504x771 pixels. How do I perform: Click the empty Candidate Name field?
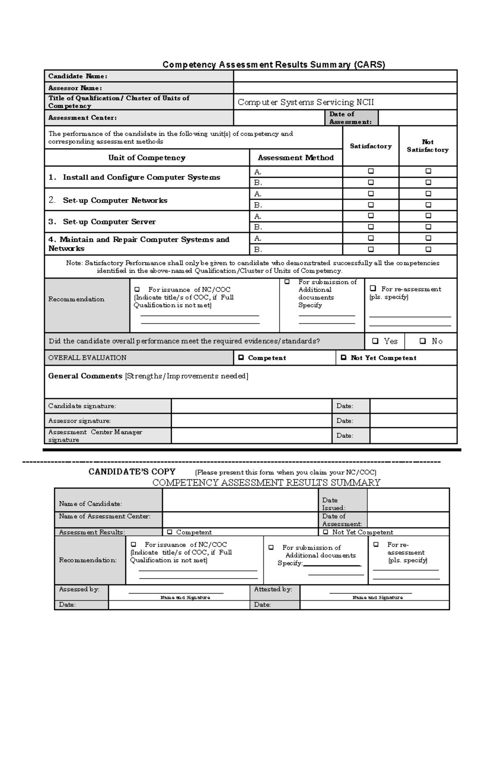345,76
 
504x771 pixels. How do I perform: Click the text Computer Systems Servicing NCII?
306,102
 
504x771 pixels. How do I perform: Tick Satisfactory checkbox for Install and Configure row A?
371,171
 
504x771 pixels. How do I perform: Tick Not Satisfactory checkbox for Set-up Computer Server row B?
428,227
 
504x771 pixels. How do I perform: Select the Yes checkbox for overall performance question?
375,341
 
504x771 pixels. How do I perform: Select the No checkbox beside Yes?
423,341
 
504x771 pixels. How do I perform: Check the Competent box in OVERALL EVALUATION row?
241,358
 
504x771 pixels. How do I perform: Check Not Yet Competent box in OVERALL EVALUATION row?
344,358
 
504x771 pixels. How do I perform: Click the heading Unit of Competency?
147,158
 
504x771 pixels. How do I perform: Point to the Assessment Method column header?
296,158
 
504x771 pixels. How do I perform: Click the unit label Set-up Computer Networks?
115,200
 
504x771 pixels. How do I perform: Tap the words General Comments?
85,376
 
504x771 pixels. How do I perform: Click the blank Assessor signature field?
251,421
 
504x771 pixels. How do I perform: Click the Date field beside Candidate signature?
413,406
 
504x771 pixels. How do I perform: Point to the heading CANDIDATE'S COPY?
132,471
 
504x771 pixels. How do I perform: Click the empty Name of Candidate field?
240,500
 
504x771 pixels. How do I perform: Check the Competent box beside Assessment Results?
170,532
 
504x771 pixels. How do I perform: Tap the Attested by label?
273,589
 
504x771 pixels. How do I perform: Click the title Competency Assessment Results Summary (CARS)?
273,64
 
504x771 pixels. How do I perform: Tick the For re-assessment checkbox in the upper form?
373,289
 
